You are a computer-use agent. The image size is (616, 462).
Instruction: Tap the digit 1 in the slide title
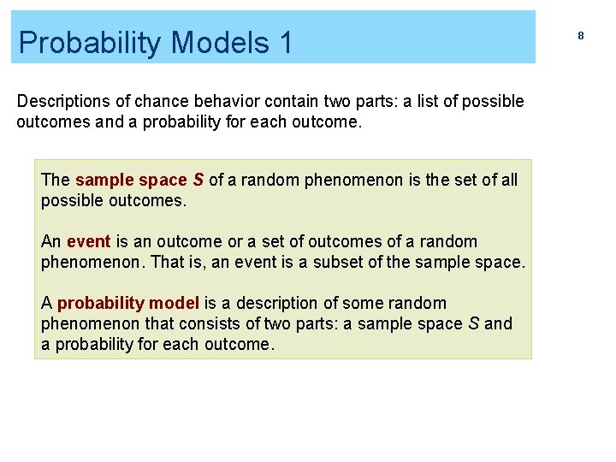pos(284,42)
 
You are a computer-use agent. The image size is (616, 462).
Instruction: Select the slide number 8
pos(580,36)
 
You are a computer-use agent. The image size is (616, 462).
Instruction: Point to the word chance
pos(162,102)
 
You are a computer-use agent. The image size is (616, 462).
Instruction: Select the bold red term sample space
pos(130,181)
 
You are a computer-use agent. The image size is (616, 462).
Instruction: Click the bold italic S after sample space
pos(198,181)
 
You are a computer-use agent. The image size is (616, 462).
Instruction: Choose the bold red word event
pos(88,242)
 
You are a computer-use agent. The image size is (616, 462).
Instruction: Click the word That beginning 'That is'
pos(166,262)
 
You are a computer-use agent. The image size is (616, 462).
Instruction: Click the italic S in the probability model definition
pos(473,323)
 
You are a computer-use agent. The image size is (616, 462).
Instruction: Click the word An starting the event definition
pos(50,242)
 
